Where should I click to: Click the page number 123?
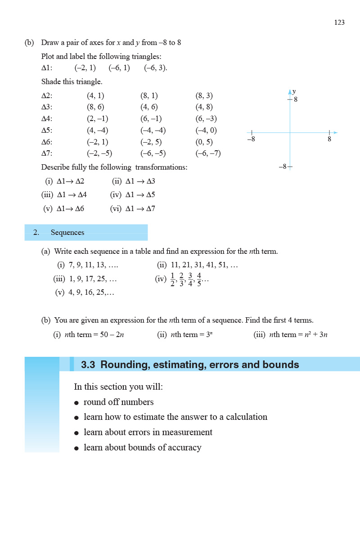coord(339,22)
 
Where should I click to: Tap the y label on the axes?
coord(294,91)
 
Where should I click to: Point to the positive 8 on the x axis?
coord(329,139)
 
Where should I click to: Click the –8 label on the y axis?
coord(282,166)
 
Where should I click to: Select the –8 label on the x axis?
coord(251,139)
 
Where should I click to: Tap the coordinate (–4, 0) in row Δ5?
coord(206,130)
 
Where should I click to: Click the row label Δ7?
coord(47,153)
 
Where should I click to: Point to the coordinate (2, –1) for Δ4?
coord(97,119)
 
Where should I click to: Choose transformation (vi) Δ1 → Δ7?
coord(132,209)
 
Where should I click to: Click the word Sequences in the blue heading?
coord(67,233)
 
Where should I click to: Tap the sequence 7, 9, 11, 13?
coord(93,265)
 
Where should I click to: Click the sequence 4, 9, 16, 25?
coord(91,293)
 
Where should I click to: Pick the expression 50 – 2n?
coord(107,335)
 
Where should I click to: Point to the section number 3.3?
coord(88,365)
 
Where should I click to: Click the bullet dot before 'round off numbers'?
coord(76,403)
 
